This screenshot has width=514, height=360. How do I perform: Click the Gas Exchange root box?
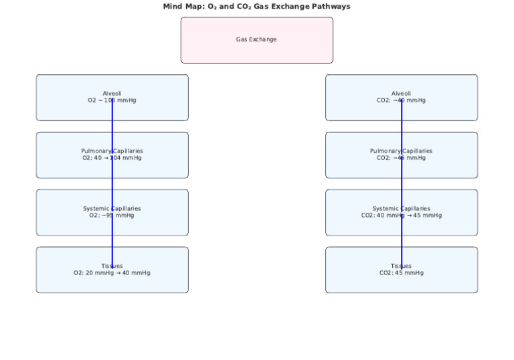[x=256, y=40]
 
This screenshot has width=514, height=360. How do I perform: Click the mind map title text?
[x=256, y=6]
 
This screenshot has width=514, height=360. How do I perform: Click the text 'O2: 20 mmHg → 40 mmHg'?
[x=112, y=273]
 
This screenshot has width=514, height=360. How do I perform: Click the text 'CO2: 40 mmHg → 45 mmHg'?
[x=402, y=215]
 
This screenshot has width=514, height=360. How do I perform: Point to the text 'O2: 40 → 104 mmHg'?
[x=112, y=158]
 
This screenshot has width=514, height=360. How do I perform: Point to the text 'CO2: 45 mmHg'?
[x=402, y=273]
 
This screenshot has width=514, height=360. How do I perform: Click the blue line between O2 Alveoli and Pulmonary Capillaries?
[x=112, y=126]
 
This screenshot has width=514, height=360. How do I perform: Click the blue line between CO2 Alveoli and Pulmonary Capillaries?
[x=402, y=126]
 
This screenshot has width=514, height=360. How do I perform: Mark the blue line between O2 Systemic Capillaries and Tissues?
[x=112, y=242]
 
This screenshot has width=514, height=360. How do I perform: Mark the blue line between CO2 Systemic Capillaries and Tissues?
[x=402, y=242]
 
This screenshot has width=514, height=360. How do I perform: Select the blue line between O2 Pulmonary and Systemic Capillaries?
[x=112, y=184]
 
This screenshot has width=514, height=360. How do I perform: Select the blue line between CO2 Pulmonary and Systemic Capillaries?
[x=402, y=184]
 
